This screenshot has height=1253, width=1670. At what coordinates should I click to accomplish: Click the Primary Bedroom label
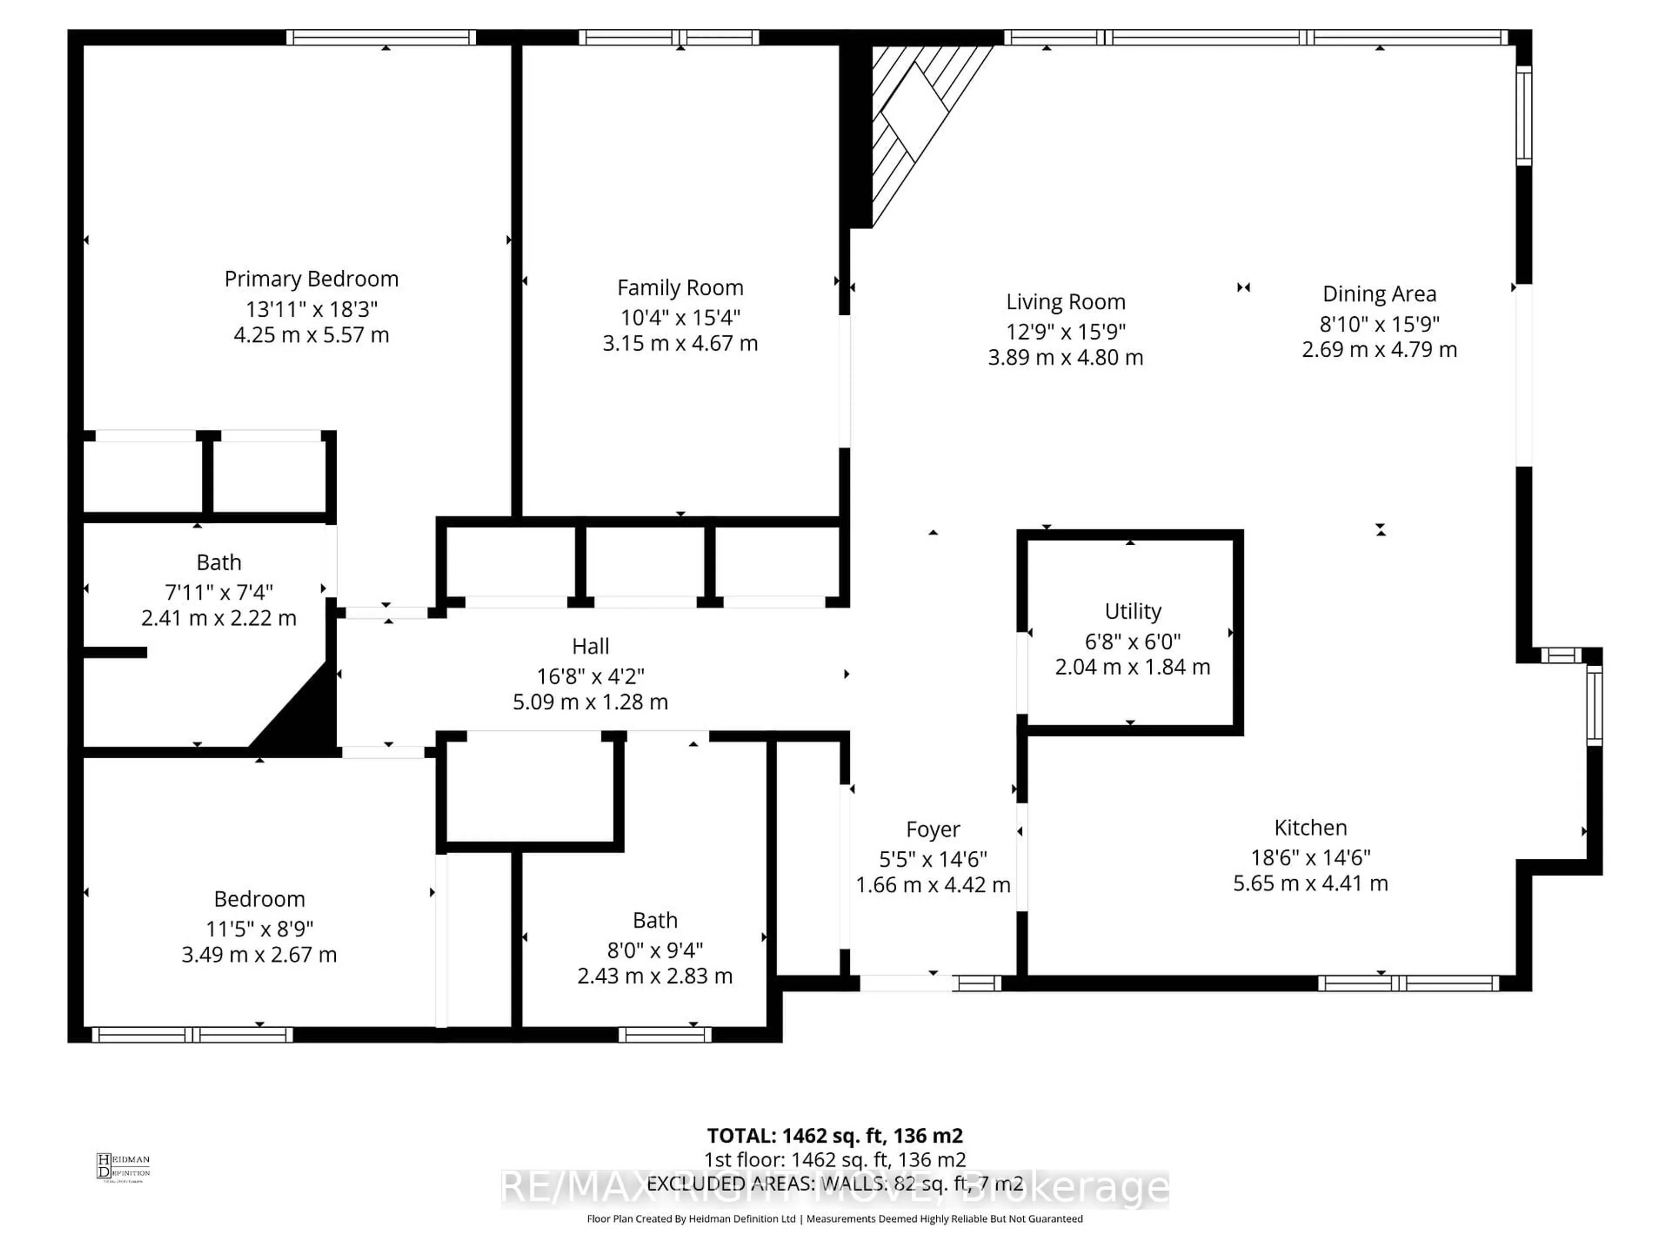click(311, 279)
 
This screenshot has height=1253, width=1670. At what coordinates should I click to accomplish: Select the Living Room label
click(1065, 302)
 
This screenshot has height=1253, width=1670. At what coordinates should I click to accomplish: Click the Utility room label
click(1132, 611)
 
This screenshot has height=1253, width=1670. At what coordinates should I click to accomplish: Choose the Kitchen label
click(1310, 828)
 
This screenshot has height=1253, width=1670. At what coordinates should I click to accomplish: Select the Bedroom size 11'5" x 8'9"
click(259, 928)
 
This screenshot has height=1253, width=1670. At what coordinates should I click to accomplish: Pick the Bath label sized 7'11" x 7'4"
click(219, 563)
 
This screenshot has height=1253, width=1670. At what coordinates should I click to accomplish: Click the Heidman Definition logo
click(123, 1167)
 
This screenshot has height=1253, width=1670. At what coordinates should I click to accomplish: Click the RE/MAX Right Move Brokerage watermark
click(834, 1186)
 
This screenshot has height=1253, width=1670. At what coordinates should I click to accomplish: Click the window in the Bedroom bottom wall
click(193, 1035)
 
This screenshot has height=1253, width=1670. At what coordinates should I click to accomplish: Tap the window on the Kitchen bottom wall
click(1408, 983)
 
